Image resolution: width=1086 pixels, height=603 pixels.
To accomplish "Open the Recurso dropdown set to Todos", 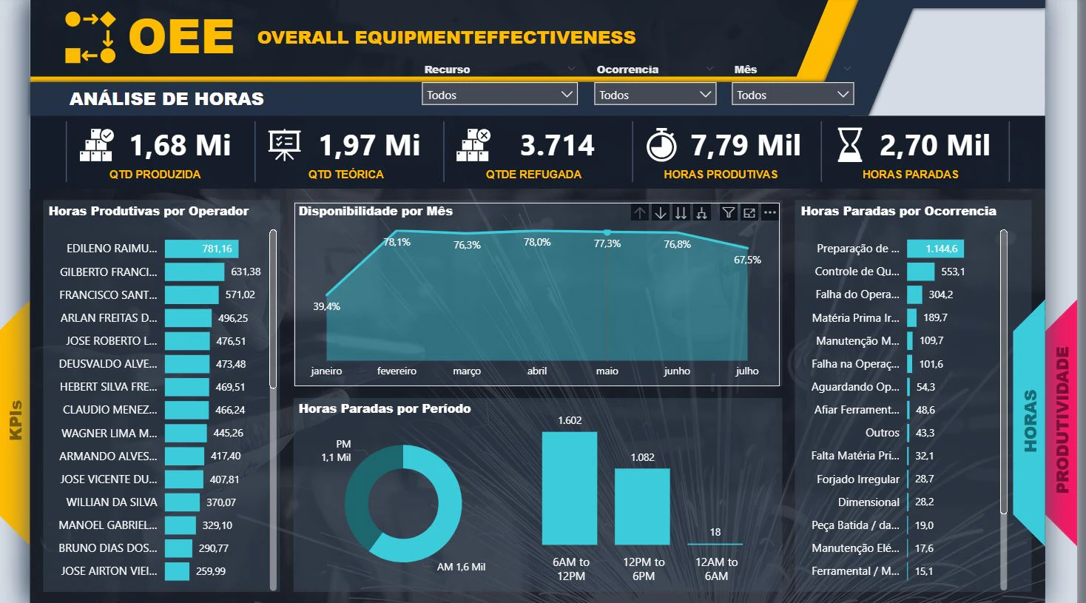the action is click(x=499, y=94).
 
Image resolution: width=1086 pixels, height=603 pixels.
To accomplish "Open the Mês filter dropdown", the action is click(x=793, y=94).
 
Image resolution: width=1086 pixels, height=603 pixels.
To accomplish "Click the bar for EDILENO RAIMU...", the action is click(x=202, y=249).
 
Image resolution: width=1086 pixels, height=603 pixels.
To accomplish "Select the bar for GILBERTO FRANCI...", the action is click(x=195, y=272).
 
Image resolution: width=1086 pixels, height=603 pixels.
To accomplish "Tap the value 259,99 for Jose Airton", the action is click(x=211, y=571).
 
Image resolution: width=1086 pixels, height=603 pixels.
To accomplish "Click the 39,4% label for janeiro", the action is click(x=326, y=306).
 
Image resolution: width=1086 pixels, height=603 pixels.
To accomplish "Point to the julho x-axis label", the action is click(x=747, y=371).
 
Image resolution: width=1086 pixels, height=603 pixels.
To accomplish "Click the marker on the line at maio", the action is click(x=607, y=232).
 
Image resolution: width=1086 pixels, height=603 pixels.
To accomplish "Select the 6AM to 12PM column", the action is click(x=570, y=488).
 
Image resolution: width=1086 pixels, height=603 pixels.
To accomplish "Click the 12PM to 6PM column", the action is click(x=642, y=507).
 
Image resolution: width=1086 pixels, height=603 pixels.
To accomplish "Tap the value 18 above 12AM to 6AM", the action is click(x=715, y=532).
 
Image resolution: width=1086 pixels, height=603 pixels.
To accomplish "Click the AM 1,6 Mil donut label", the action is click(x=461, y=567).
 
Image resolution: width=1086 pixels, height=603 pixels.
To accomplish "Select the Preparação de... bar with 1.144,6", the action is click(x=935, y=249).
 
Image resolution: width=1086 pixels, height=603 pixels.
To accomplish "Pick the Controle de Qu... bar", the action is click(x=921, y=272).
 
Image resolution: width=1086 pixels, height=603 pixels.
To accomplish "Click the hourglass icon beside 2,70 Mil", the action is click(x=850, y=144).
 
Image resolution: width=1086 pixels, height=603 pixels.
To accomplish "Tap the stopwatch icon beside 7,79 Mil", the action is click(x=661, y=144).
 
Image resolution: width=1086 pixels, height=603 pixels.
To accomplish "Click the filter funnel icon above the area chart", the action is click(x=728, y=213).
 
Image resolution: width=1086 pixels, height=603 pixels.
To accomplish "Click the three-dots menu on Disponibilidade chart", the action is click(x=770, y=213).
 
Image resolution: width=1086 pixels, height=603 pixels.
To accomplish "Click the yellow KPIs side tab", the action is click(x=16, y=420).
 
